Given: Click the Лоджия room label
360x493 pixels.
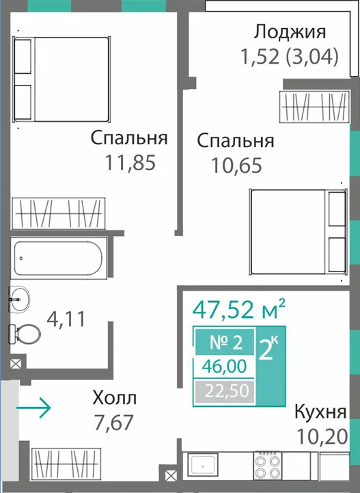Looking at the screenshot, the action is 290,32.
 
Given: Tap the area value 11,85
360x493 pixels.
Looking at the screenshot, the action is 130,163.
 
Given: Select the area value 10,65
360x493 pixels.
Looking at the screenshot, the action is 236,165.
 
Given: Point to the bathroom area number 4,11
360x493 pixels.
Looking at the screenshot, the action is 66,319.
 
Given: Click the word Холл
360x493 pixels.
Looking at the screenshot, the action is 114,398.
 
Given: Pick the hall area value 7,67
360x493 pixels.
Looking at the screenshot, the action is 113,423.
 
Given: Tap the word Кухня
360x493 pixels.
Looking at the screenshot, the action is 320,412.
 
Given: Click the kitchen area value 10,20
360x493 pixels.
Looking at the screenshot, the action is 322,436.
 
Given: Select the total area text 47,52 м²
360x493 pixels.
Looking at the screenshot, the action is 238,309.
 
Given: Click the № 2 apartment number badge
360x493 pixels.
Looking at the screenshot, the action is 225,342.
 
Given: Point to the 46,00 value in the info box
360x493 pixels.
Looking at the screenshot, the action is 224,367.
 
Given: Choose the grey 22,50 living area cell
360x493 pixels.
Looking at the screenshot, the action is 225,391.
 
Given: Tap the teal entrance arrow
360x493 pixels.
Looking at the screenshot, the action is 33,408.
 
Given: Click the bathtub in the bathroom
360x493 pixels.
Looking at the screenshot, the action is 58,258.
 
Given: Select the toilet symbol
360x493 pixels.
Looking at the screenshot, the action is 25,334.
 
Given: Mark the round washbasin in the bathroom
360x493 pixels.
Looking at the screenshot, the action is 20,299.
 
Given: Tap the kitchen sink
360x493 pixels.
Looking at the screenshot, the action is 203,466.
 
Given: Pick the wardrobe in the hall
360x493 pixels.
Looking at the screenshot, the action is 66,464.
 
